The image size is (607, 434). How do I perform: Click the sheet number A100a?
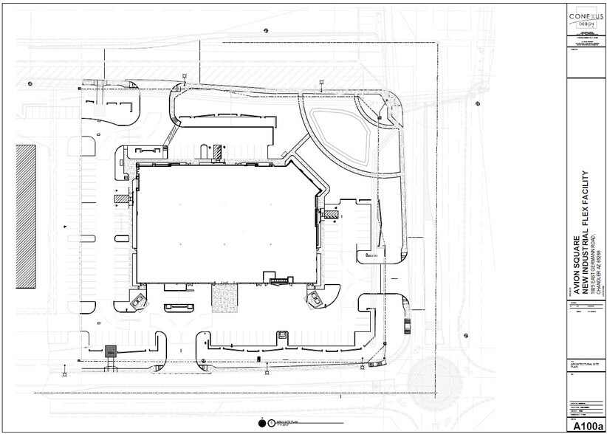586,426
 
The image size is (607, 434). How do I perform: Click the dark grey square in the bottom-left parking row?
111,352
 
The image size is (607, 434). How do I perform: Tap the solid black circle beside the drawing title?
262,424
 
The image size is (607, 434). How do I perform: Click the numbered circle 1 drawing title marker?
272,424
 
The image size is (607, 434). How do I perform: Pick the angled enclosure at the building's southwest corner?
138,300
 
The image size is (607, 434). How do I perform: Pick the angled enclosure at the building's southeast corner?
317,298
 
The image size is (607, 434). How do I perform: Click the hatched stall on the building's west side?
121,199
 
